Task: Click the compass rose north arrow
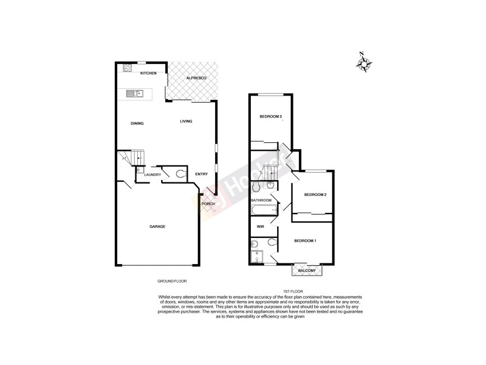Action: pos(366,63)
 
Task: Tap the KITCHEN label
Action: pos(149,74)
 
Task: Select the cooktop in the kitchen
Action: pos(128,69)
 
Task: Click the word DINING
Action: pos(137,123)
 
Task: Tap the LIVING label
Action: pos(186,121)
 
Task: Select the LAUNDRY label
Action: pos(152,175)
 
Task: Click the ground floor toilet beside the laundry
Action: pos(180,174)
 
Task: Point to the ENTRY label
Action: pos(202,175)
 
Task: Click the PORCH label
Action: pos(208,204)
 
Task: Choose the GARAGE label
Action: pos(157,226)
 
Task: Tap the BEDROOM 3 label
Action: pos(271,116)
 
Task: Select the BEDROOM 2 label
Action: pos(315,195)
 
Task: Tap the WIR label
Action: pos(260,226)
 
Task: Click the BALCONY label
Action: pos(307,270)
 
